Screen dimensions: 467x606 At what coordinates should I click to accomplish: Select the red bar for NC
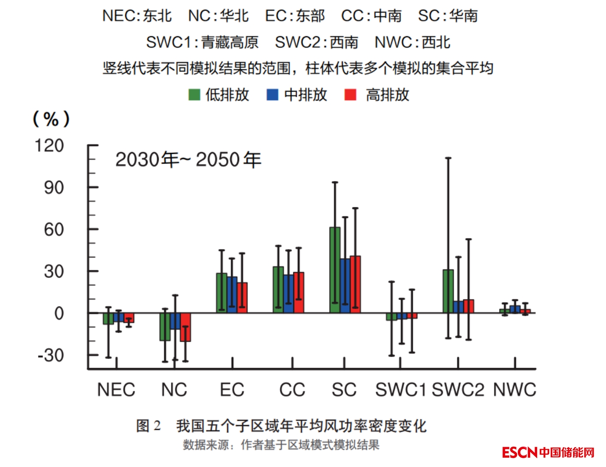point(185,327)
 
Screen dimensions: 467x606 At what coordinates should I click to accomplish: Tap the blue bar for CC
point(288,294)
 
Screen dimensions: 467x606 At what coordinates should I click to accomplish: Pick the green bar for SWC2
point(448,291)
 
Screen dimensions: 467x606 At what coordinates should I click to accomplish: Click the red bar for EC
point(242,298)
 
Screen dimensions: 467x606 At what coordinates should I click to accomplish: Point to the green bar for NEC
point(108,318)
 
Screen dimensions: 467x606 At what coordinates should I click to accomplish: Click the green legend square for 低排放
point(194,95)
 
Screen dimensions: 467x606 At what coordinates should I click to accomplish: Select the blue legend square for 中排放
point(273,95)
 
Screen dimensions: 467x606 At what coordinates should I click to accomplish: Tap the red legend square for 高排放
point(350,95)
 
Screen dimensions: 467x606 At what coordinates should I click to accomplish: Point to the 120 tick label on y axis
point(49,146)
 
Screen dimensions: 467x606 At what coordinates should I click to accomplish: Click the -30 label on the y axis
point(51,355)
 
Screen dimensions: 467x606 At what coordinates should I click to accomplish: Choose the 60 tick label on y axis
point(54,230)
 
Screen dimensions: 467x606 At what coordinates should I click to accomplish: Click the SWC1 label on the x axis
point(400,390)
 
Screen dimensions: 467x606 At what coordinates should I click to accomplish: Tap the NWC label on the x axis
point(514,390)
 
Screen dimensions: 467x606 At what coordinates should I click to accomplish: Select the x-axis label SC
point(344,390)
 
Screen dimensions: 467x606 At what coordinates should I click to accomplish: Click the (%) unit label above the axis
point(51,119)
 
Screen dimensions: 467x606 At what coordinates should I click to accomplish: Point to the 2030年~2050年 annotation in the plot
point(188,160)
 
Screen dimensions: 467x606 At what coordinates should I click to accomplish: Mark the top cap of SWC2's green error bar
point(448,158)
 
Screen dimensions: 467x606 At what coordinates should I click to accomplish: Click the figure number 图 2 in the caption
point(148,426)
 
